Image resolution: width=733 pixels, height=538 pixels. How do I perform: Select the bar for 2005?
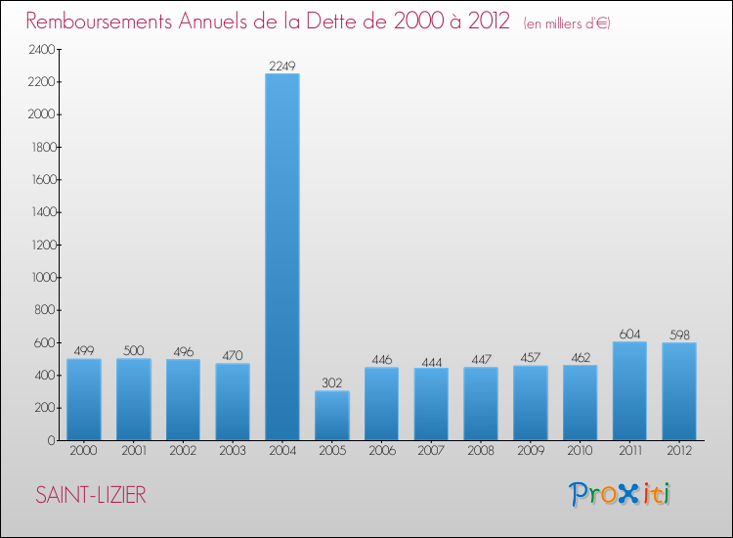point(332,416)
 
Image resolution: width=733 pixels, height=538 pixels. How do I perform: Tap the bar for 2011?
point(629,390)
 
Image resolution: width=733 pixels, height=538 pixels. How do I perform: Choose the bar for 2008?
point(481,403)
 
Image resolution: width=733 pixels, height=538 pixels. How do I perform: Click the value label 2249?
point(282,66)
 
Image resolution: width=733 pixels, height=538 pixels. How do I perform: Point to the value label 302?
point(332,383)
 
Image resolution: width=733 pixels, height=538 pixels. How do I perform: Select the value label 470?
point(233,356)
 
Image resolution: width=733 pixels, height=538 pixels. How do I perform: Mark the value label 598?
point(679,335)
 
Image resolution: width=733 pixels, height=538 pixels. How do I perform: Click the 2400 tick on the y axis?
point(40,49)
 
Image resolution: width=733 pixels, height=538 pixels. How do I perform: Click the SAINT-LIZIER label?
point(91,496)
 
